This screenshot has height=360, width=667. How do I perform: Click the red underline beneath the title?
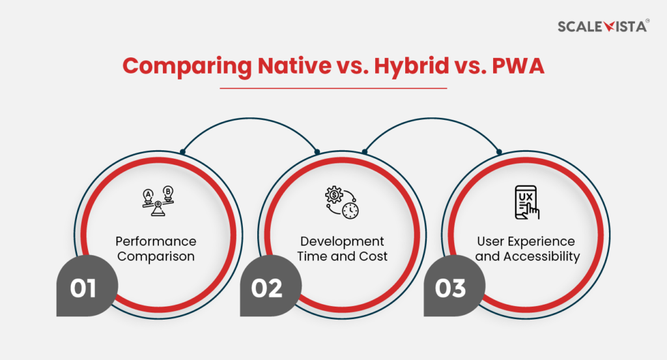pyautogui.click(x=333, y=88)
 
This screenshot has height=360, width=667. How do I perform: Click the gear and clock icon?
pyautogui.click(x=342, y=202)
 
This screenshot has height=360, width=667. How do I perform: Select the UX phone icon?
pyautogui.click(x=527, y=202)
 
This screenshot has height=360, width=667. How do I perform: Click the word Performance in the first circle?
pyautogui.click(x=156, y=242)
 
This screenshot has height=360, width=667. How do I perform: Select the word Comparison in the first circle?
pyautogui.click(x=156, y=256)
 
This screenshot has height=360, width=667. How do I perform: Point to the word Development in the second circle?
pyautogui.click(x=342, y=242)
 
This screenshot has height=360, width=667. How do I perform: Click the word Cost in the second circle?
pyautogui.click(x=374, y=256)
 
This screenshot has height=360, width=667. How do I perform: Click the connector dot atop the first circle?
pyautogui.click(x=182, y=152)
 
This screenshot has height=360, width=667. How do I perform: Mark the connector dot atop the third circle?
pyautogui.click(x=499, y=152)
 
